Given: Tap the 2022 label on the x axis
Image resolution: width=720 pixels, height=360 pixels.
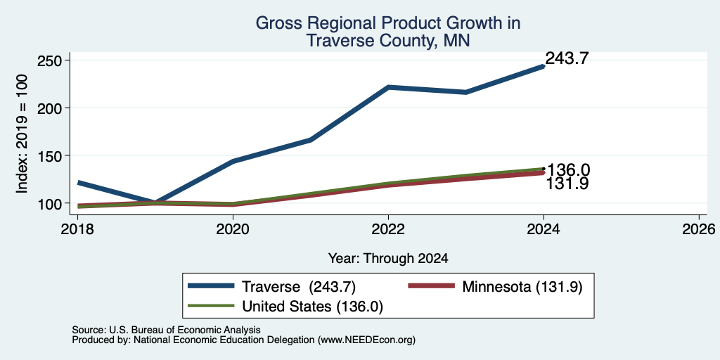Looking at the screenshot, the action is click(388, 229).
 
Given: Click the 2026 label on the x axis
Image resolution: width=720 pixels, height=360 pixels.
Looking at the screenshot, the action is click(699, 229).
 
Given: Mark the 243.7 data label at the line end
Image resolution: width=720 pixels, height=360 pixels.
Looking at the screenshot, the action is click(567, 58).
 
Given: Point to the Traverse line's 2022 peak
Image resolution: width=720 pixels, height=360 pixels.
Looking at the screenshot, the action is click(388, 86).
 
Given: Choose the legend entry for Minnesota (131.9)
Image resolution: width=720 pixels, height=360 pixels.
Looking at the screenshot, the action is click(496, 287).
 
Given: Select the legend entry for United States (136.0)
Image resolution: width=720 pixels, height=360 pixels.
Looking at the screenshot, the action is click(285, 307).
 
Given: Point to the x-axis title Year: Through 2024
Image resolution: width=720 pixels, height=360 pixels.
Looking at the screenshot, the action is click(388, 259).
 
